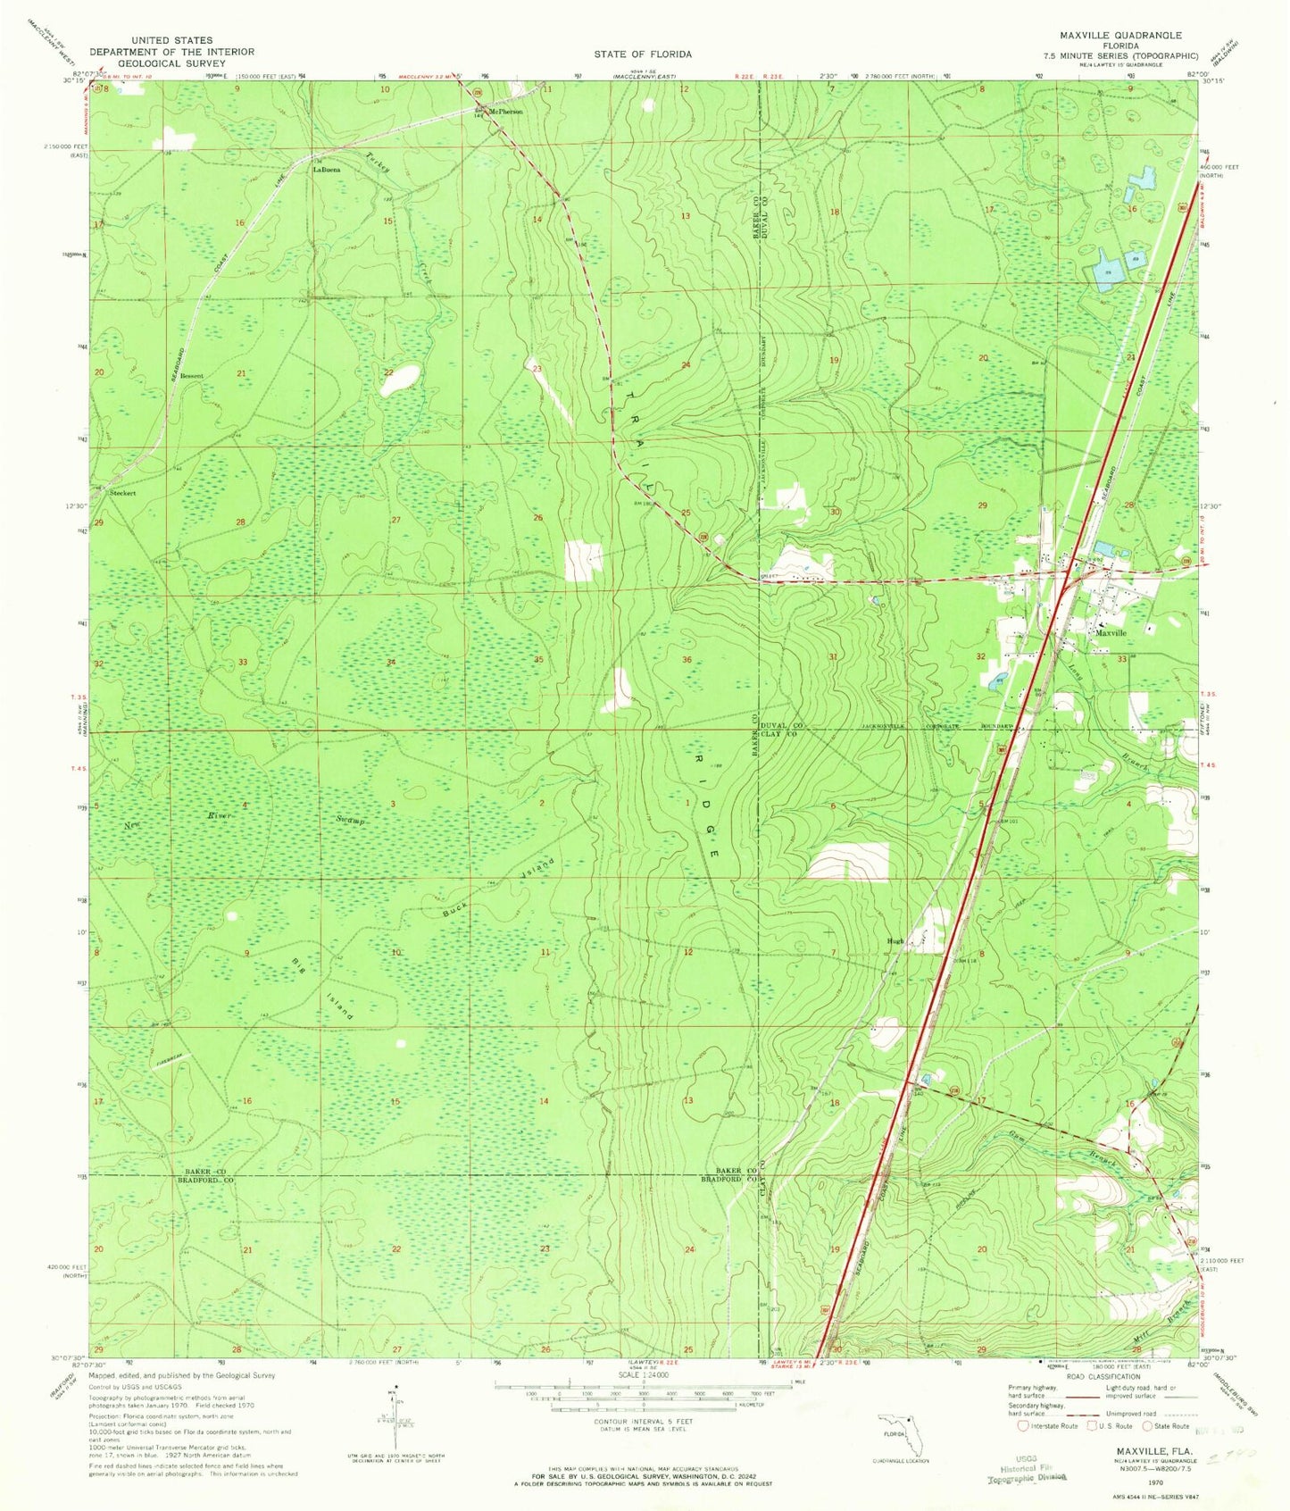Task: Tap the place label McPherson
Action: tap(504, 112)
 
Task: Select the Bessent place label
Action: tap(190, 376)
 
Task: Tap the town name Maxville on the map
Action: tap(1111, 633)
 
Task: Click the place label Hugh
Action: tap(895, 941)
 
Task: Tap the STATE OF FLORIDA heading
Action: tap(643, 54)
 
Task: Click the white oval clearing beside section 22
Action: tap(399, 380)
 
